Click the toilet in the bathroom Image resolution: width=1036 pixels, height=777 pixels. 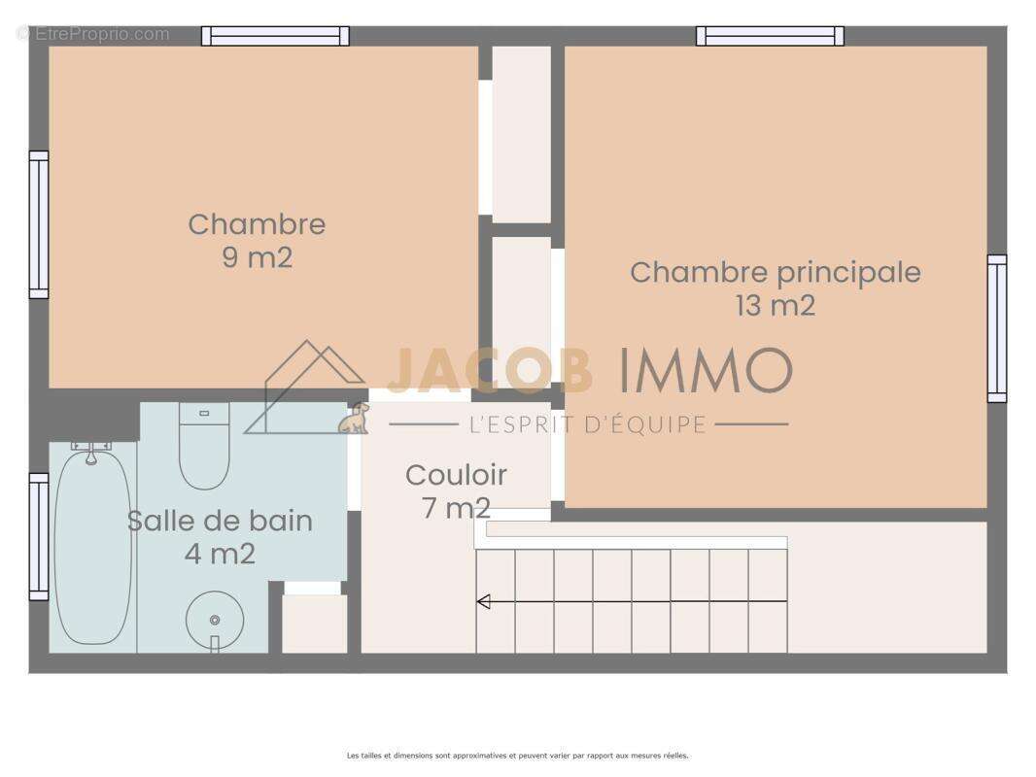tap(204, 449)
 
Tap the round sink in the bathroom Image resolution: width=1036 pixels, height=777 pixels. tap(214, 620)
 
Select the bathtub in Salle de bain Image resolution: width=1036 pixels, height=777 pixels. tap(92, 549)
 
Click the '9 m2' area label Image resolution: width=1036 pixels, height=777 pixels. tap(257, 258)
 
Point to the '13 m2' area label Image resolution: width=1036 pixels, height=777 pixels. tap(775, 306)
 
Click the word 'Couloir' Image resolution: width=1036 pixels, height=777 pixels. tap(456, 476)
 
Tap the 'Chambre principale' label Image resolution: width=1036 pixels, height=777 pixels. tap(775, 272)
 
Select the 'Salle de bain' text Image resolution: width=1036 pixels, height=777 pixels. tap(220, 521)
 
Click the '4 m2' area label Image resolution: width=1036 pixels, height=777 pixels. tap(220, 555)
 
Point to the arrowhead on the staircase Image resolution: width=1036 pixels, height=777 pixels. tap(483, 602)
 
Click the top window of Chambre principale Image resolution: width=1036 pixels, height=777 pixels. tap(770, 36)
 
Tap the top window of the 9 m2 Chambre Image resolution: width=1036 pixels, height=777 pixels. tap(275, 36)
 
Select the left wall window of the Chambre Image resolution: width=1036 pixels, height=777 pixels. tap(39, 224)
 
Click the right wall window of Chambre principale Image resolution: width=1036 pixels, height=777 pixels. tap(997, 328)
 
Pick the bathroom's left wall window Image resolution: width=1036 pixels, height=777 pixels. tap(39, 536)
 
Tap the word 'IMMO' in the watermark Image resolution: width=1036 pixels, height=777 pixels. tap(706, 371)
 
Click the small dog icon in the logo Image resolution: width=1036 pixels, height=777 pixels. tap(355, 419)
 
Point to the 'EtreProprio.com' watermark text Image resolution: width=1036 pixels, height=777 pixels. tap(93, 34)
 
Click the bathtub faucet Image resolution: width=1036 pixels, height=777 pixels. tap(91, 451)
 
